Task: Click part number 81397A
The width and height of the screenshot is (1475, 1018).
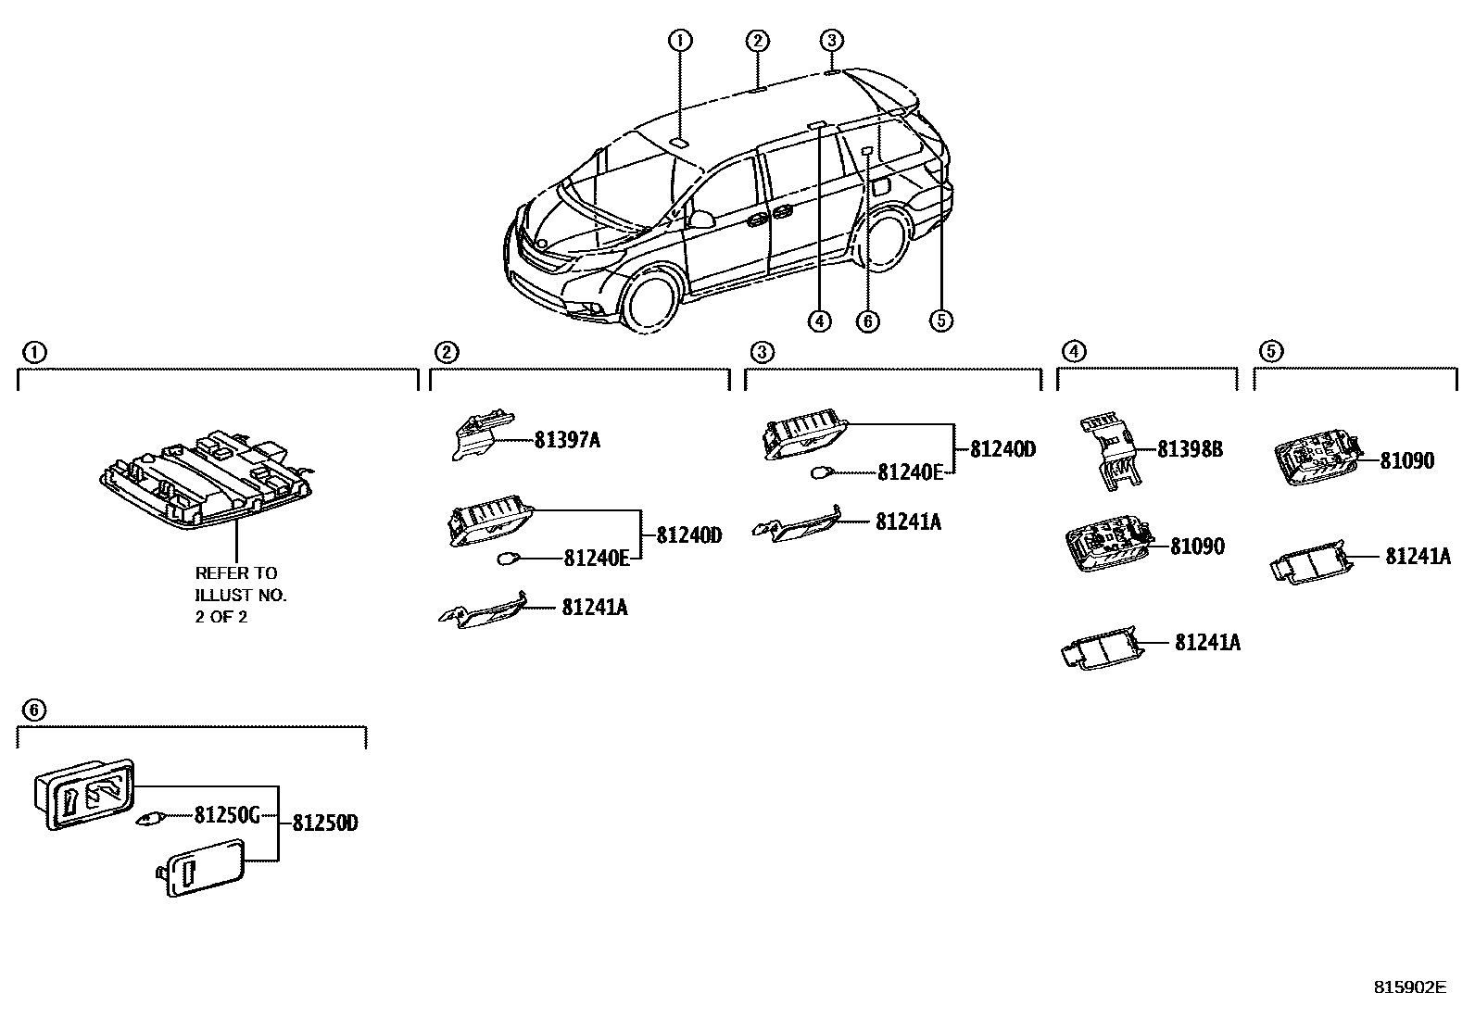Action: (566, 441)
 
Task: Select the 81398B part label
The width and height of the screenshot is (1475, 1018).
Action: (1190, 450)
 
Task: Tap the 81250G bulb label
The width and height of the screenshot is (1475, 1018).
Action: (226, 816)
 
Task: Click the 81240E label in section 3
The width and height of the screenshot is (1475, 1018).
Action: (910, 472)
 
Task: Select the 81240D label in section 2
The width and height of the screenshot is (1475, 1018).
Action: (688, 535)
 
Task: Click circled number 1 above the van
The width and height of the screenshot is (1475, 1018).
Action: (680, 40)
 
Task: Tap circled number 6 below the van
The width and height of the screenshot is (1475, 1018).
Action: (867, 321)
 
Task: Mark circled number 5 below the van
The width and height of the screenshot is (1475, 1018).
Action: (940, 321)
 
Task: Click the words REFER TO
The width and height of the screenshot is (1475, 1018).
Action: (236, 573)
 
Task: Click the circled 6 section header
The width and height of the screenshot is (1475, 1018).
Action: (32, 710)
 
